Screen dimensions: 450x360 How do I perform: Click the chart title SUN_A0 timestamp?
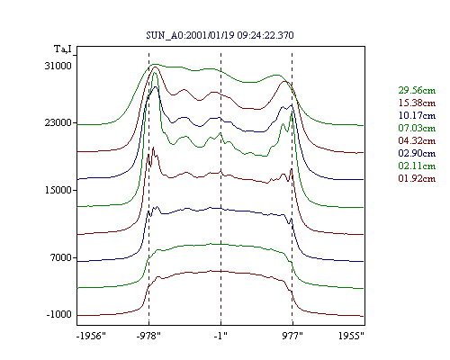coord(220,35)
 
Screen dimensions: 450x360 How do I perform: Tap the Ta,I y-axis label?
coord(63,49)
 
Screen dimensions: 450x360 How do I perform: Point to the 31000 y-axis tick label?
coord(58,66)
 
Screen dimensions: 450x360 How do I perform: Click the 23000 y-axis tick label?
coord(58,122)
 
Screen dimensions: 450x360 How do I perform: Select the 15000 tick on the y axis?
coord(58,190)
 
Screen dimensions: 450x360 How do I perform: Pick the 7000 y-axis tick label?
coord(61,257)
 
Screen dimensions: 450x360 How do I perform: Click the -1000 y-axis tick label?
coord(59,314)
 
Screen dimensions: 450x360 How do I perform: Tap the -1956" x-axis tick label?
coord(92,336)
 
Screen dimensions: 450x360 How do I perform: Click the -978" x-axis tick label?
coord(148,336)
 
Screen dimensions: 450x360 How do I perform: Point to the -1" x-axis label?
coord(220,336)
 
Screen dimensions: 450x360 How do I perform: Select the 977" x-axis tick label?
coord(292,336)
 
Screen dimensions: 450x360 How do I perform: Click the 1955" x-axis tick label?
coord(351,336)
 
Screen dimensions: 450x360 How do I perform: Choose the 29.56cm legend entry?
coord(417,90)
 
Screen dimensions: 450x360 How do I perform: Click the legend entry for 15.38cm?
coord(417,103)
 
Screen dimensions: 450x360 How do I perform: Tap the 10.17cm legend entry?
coord(417,115)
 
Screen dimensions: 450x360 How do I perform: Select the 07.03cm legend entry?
coord(417,128)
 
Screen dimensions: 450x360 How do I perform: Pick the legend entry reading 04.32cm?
coord(417,140)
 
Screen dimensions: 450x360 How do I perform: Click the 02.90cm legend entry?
coord(417,153)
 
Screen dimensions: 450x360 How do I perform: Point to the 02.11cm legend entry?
coord(417,166)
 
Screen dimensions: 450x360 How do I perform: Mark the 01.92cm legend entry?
coord(417,178)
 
